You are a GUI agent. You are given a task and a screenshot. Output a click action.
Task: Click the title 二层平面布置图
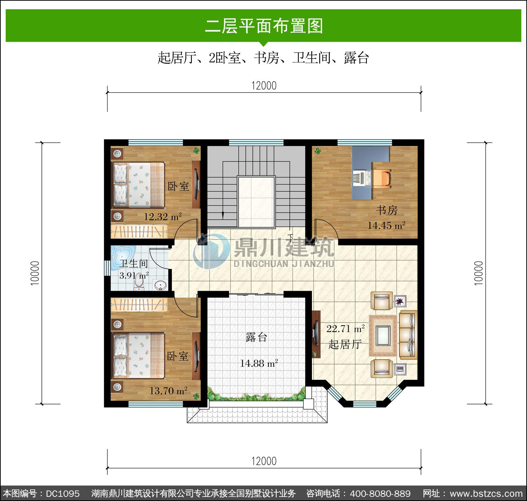(x=264, y=26)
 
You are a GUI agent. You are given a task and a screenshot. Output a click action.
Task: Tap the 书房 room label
(x=386, y=210)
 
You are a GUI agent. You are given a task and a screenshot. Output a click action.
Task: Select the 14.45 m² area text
(x=386, y=225)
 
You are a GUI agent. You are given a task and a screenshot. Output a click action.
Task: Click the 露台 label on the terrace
(x=256, y=337)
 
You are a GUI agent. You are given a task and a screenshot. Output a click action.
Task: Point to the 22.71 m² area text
(x=345, y=328)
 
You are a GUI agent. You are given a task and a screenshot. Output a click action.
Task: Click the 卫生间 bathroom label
(x=134, y=263)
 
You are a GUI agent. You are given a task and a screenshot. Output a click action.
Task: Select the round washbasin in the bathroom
(x=160, y=285)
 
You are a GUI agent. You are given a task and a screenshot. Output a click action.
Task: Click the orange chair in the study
(x=382, y=178)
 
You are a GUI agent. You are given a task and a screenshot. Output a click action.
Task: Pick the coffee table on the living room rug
(x=383, y=335)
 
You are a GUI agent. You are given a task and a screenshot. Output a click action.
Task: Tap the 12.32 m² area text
(x=163, y=217)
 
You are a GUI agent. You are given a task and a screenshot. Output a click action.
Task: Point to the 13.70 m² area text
(x=168, y=391)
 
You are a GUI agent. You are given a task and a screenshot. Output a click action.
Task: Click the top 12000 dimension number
(x=264, y=86)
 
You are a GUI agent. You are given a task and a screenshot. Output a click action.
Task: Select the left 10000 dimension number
(x=35, y=273)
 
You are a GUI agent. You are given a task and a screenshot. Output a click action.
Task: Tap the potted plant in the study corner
(x=318, y=151)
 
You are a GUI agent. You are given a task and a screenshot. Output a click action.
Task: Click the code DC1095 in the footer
(x=63, y=494)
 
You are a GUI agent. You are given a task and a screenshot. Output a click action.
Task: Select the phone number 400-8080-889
(x=380, y=494)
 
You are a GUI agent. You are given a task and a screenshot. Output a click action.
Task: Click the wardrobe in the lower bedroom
(x=139, y=305)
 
